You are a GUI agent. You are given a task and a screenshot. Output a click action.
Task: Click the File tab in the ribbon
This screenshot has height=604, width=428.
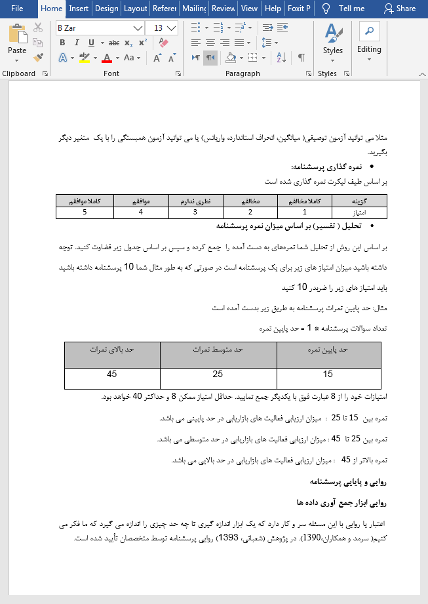coord(17,9)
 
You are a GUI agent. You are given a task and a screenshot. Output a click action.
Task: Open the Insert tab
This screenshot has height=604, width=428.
coord(79,9)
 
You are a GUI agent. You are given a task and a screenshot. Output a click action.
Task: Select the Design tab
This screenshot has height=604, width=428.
coord(106,9)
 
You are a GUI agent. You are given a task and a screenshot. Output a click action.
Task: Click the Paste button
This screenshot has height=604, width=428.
coord(17,41)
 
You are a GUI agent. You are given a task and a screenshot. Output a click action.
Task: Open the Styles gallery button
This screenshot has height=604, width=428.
coord(332,41)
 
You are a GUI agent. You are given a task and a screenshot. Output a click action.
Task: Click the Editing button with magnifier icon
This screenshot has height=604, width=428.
coord(369,41)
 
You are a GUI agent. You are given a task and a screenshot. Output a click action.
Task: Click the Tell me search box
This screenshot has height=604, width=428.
coord(344,9)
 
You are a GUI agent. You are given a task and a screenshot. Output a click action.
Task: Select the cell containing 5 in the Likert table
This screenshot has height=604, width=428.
coord(85,212)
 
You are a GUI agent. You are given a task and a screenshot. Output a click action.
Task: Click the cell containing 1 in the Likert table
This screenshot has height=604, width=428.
coord(305,212)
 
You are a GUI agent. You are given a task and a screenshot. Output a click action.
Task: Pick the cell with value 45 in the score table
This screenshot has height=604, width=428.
coord(112,374)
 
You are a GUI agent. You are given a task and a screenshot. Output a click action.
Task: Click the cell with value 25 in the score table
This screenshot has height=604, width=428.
coord(218,374)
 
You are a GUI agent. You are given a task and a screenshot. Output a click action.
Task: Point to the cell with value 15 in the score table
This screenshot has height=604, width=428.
coord(328,374)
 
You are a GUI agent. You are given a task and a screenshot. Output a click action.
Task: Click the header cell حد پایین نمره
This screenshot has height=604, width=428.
coord(328,350)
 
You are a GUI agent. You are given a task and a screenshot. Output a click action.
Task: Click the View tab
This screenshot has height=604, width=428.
coord(249,9)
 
